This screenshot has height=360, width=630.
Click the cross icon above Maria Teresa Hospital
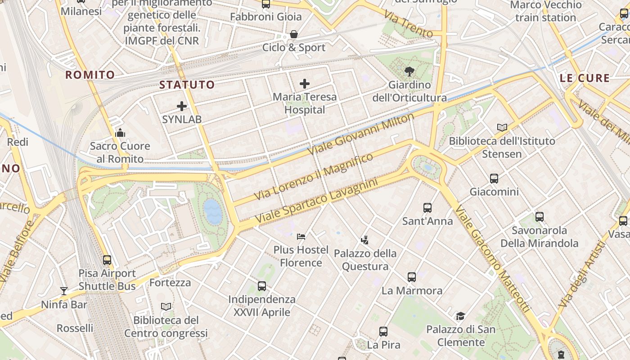(305, 83)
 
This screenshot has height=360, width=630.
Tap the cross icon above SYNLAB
(182, 106)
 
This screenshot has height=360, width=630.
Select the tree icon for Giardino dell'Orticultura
(409, 71)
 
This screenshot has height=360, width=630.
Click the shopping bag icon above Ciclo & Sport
(294, 34)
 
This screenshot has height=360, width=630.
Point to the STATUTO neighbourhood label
(187, 85)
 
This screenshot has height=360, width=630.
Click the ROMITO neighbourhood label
(90, 75)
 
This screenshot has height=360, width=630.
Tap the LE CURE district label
(585, 78)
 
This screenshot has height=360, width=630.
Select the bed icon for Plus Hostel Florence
(301, 236)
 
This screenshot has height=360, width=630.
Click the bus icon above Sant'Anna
(427, 208)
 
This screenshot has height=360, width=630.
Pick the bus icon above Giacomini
(494, 179)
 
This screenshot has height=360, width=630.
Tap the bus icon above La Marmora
(412, 277)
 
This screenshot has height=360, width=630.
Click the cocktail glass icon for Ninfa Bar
(64, 291)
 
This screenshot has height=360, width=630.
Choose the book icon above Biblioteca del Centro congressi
(166, 307)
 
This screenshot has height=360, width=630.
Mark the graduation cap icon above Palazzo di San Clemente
(460, 316)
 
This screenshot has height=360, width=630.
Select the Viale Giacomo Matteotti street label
(493, 260)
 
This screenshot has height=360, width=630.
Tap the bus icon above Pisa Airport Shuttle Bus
(107, 260)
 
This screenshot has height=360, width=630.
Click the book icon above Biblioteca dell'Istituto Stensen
(502, 127)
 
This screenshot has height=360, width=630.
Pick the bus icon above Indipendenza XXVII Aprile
(262, 286)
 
